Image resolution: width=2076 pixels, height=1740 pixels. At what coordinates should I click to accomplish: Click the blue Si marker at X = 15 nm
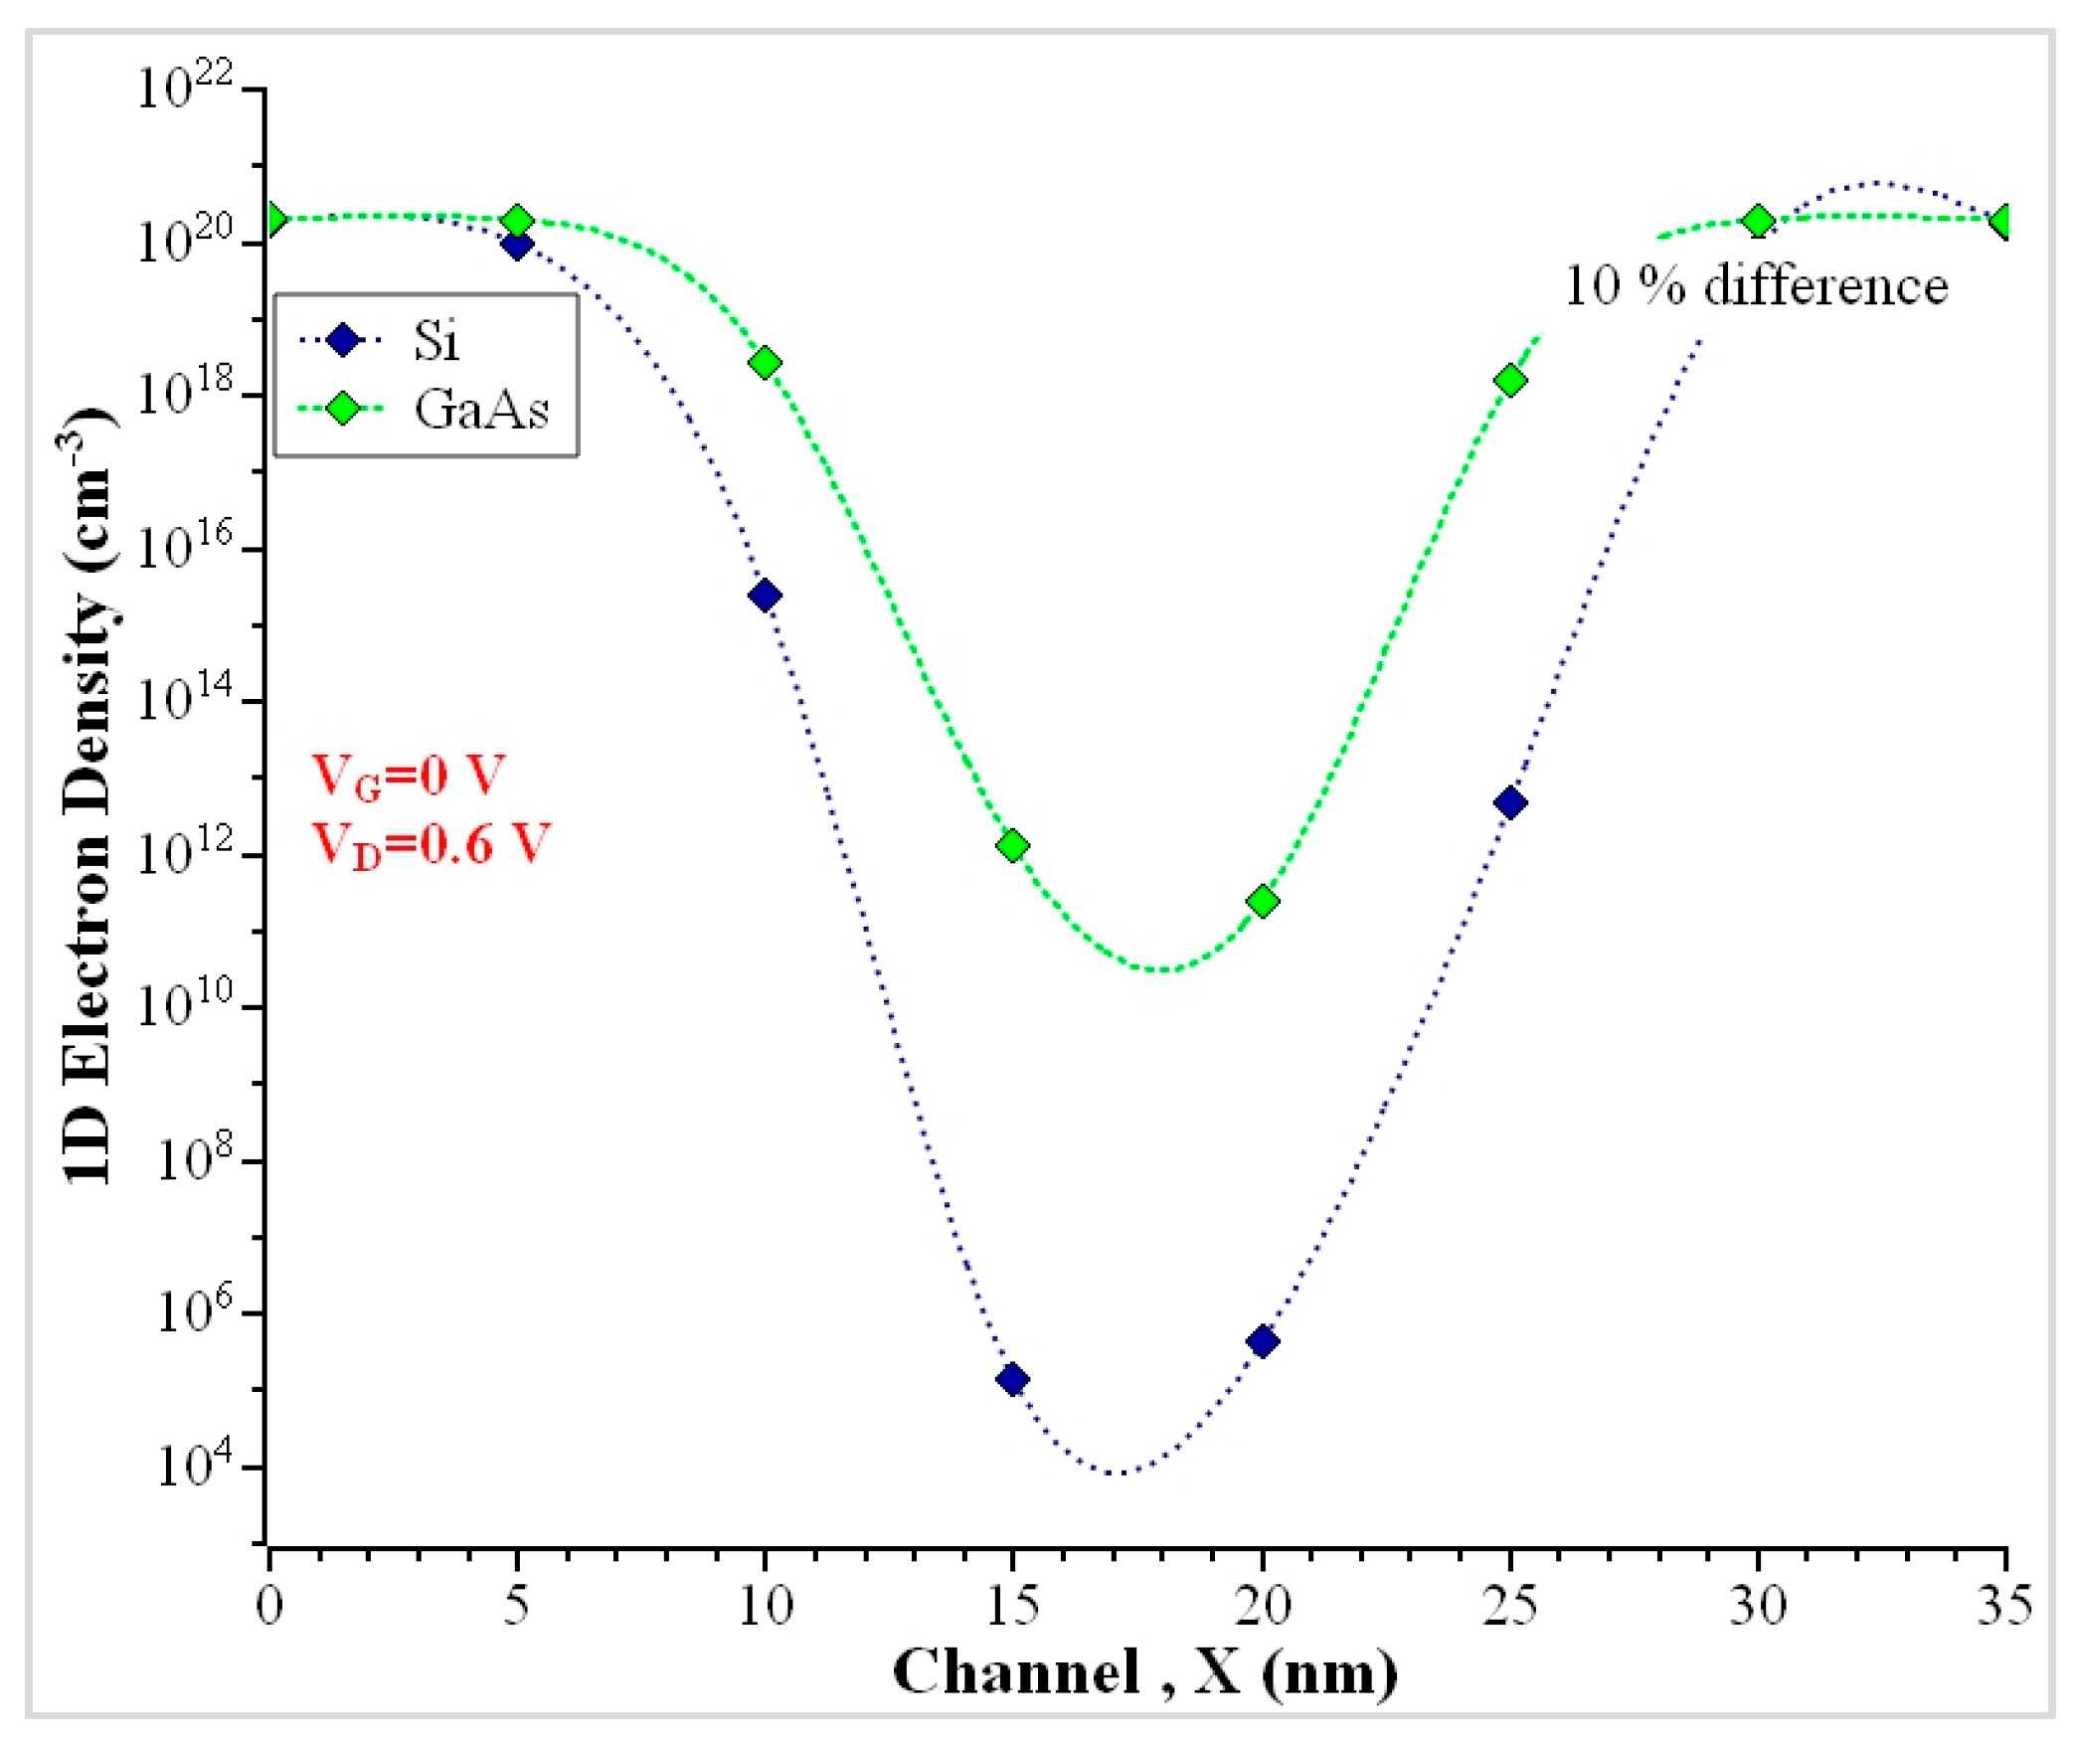[x=1012, y=1379]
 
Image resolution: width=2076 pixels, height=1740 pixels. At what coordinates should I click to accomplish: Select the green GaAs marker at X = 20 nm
[x=1262, y=901]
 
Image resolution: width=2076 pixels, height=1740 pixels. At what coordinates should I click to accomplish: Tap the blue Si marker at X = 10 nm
[x=765, y=596]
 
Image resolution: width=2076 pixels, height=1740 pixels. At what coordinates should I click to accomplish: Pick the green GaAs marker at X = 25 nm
[x=1509, y=381]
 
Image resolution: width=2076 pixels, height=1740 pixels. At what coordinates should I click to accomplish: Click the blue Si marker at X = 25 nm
[x=1509, y=802]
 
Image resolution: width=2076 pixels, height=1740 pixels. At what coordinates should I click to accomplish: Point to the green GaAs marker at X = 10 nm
[x=765, y=363]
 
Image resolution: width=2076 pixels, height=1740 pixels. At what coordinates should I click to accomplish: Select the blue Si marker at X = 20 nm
[x=1262, y=1341]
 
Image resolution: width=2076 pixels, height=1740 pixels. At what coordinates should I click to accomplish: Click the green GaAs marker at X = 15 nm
[x=1012, y=846]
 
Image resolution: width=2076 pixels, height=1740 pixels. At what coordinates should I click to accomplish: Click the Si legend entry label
[x=436, y=341]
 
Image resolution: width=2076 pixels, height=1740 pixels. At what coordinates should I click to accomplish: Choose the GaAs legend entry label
[x=481, y=409]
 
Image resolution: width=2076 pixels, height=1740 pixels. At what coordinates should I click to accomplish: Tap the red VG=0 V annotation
[x=409, y=777]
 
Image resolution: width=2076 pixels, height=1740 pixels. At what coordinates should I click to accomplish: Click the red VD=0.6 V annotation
[x=431, y=844]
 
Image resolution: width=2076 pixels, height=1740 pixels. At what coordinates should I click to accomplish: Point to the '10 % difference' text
[x=1756, y=286]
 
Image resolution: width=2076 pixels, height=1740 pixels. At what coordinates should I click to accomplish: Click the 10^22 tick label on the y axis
[x=184, y=87]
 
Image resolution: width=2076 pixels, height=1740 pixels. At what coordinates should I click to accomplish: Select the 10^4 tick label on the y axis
[x=194, y=1465]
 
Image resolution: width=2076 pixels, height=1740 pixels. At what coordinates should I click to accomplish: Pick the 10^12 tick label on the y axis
[x=184, y=852]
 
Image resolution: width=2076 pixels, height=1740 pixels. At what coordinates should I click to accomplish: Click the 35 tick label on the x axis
[x=2003, y=1605]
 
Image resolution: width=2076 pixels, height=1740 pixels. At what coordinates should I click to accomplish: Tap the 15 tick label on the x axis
[x=1012, y=1605]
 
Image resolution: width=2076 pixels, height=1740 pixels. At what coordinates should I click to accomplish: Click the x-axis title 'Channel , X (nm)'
[x=1144, y=1672]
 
